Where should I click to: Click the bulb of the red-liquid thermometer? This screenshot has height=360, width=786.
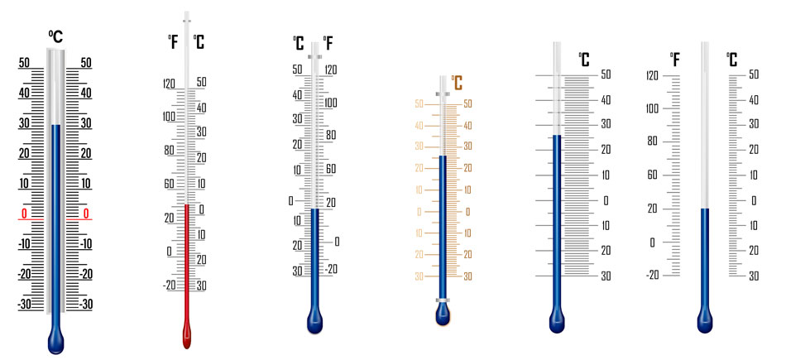point(187,335)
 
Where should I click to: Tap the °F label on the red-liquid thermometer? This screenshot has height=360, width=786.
point(173,42)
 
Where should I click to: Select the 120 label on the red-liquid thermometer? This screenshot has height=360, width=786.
point(169,84)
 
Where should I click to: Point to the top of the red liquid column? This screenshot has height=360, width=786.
point(187,204)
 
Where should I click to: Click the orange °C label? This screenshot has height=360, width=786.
point(456,83)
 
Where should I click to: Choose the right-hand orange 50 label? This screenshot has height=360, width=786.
point(467,103)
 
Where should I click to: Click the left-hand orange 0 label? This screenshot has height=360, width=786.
point(419,212)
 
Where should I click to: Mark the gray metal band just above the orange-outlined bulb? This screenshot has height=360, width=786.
point(442,300)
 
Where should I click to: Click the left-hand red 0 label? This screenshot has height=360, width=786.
point(24,214)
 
